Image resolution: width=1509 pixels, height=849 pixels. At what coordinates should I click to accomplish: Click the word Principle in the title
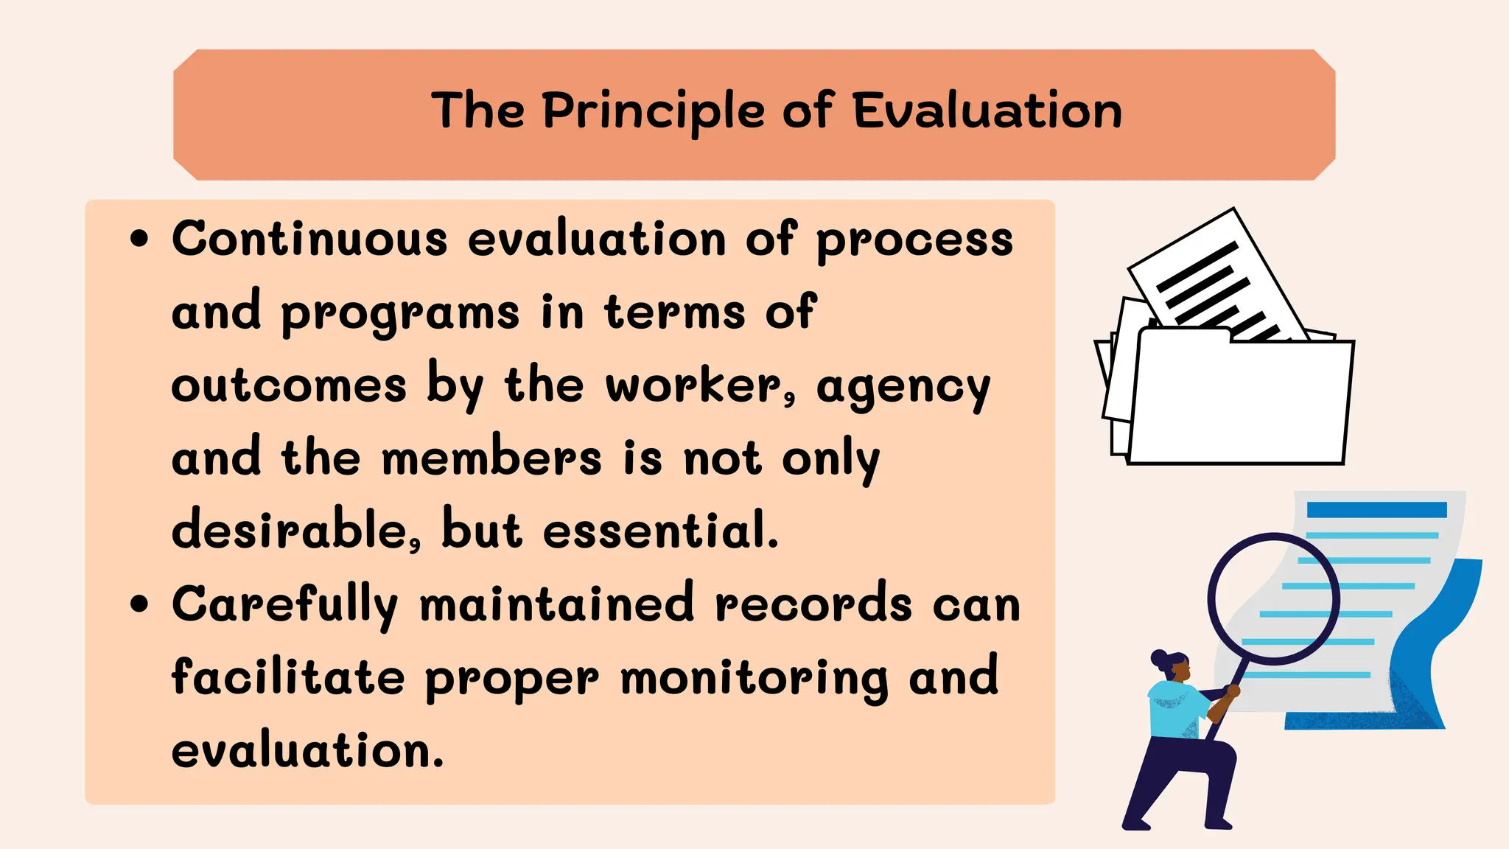pyautogui.click(x=653, y=112)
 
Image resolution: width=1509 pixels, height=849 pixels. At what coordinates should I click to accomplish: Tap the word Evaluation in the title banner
pyautogui.click(x=987, y=111)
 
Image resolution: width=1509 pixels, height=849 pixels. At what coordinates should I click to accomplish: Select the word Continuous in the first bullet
pyautogui.click(x=309, y=240)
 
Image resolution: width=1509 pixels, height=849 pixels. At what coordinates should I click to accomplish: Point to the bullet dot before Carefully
pyautogui.click(x=139, y=604)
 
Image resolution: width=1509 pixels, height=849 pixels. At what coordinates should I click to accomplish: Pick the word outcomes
pyautogui.click(x=289, y=385)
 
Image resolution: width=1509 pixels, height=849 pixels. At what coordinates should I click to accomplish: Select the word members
pyautogui.click(x=491, y=458)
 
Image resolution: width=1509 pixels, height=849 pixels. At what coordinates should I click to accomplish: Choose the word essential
pyautogui.click(x=660, y=530)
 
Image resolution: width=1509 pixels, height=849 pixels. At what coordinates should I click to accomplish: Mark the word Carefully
pyautogui.click(x=284, y=605)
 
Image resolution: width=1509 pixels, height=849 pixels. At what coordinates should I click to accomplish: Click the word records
pyautogui.click(x=813, y=604)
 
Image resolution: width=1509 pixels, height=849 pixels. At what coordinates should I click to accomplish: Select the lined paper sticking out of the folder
pyautogui.click(x=1216, y=280)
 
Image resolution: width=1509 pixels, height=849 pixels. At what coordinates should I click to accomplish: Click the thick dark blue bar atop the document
pyautogui.click(x=1376, y=509)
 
